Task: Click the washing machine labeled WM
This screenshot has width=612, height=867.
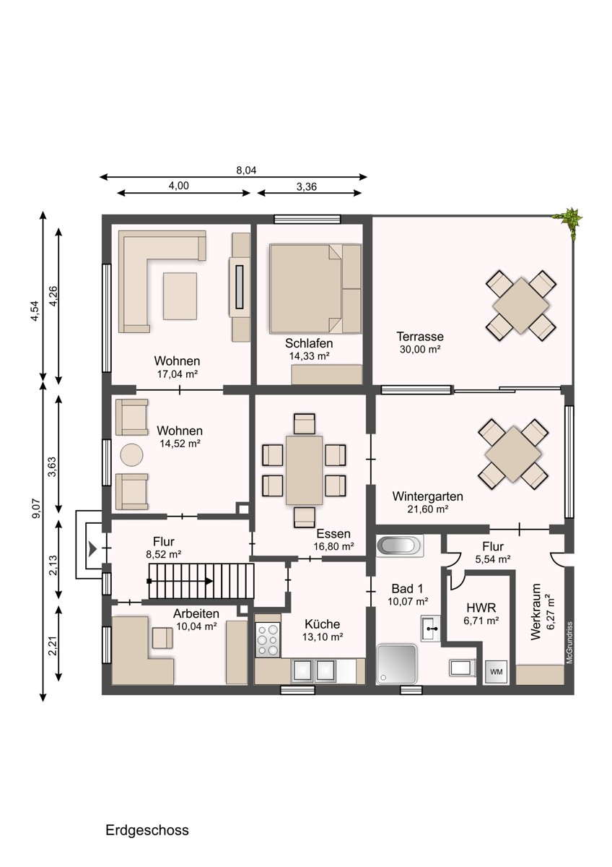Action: pos(496,671)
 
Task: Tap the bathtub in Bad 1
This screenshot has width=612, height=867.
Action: pos(400,545)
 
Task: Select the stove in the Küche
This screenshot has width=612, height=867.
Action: pos(268,640)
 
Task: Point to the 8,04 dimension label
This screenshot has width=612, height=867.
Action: pos(246,170)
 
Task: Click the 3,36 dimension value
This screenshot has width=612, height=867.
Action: pos(307,186)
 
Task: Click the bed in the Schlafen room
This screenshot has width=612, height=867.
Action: pos(315,288)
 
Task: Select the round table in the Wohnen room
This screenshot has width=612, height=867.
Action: pos(132,454)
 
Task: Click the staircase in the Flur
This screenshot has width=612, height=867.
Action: pos(201,581)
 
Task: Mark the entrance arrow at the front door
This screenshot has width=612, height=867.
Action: pos(92,548)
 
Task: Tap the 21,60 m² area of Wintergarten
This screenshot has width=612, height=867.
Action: pos(427,509)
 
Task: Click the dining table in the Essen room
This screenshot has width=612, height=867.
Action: pos(305,470)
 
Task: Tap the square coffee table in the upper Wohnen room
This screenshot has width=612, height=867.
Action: pos(180,296)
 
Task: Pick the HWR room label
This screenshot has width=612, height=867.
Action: pos(481,608)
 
